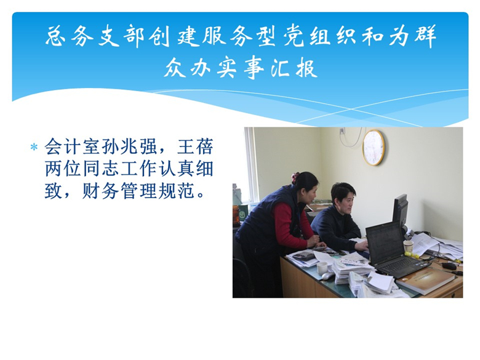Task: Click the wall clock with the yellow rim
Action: coord(374,148)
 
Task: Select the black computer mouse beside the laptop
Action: coord(449,266)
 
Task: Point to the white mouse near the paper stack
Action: coord(327,276)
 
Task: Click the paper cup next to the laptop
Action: coord(409,247)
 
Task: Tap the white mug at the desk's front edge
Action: coord(322,268)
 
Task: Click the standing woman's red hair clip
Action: coord(295,177)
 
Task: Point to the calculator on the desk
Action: coord(304,255)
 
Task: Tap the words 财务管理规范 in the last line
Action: coord(138,191)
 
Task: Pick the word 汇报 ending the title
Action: coord(294,68)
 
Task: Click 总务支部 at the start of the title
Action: coord(95,36)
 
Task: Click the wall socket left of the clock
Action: coord(342,131)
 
